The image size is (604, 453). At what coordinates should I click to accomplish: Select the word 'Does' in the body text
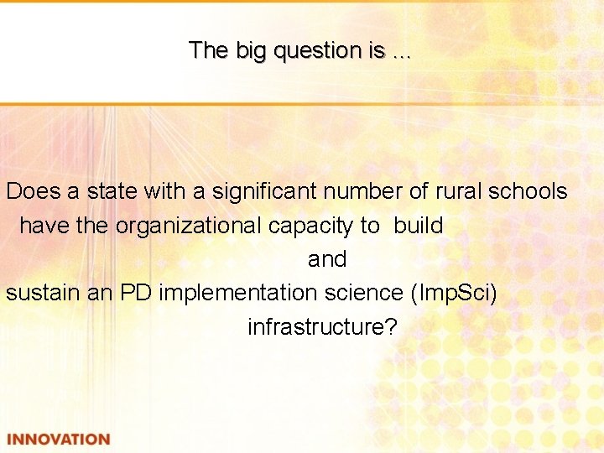pos(34,191)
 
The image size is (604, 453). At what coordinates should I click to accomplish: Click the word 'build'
pos(418,225)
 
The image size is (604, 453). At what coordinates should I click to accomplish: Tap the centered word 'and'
pos(326,259)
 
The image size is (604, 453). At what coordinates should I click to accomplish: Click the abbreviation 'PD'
pos(136,293)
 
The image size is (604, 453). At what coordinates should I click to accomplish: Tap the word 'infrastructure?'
pos(322,326)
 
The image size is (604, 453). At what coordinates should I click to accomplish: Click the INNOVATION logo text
pos(58,440)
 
